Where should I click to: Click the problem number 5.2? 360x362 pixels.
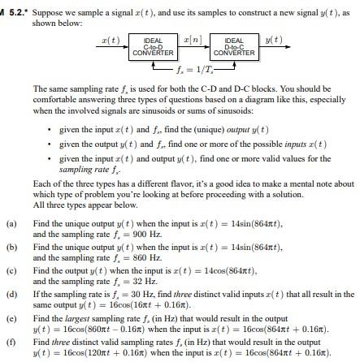[15, 7]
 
